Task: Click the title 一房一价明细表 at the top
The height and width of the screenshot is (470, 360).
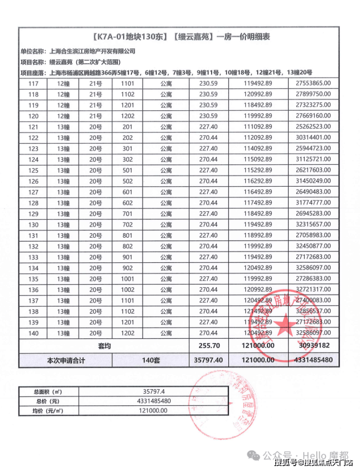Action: (x=180, y=36)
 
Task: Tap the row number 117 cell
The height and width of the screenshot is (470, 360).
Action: (x=34, y=84)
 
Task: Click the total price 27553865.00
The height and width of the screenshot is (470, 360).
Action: (x=313, y=84)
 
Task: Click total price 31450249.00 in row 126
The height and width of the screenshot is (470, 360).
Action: (x=313, y=181)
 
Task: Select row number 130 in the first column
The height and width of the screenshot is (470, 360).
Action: (x=34, y=224)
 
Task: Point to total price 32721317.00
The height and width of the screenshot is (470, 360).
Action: (x=313, y=289)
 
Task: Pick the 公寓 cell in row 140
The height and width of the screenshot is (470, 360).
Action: (x=166, y=332)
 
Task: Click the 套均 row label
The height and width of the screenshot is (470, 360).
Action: (x=103, y=346)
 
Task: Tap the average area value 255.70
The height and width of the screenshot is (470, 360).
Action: (x=209, y=346)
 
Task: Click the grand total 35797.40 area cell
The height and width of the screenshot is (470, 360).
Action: (x=209, y=360)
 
